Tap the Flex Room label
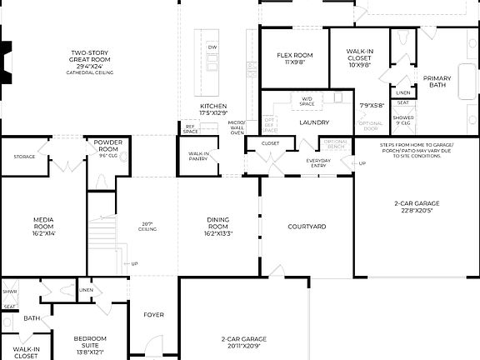294,58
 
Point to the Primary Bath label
439,81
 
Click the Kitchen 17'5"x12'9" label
213,110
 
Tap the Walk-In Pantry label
198,156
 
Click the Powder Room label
107,147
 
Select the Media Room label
43,227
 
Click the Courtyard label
306,227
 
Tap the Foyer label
153,315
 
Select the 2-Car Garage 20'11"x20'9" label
243,342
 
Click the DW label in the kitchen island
212,47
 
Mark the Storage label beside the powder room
24,156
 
